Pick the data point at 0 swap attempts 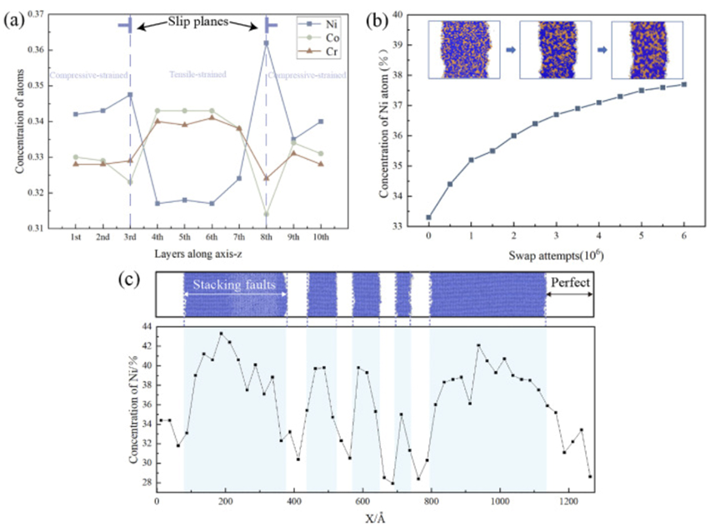pos(428,217)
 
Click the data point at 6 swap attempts pos(683,84)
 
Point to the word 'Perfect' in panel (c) pos(571,284)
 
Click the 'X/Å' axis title pos(373,517)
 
